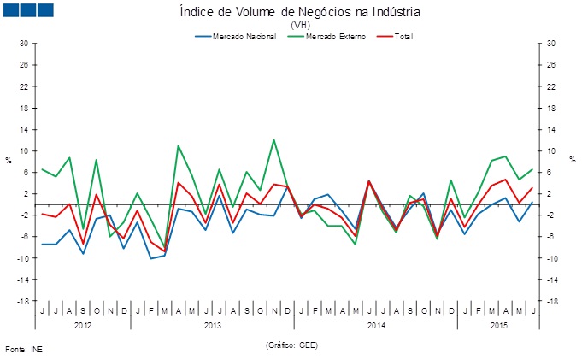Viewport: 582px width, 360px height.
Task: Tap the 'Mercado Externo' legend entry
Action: pyautogui.click(x=328, y=37)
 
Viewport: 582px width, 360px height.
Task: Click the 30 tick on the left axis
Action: pyautogui.click(x=24, y=44)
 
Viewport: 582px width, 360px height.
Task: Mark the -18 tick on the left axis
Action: pyautogui.click(x=23, y=301)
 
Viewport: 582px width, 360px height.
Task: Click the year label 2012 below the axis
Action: pyautogui.click(x=83, y=326)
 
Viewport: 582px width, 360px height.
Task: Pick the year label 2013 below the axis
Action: pyautogui.click(x=213, y=326)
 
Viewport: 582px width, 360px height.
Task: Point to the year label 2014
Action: pyautogui.click(x=376, y=326)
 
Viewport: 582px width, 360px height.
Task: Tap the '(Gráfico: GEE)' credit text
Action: pyautogui.click(x=291, y=344)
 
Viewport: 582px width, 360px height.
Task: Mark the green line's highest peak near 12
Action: pyautogui.click(x=273, y=139)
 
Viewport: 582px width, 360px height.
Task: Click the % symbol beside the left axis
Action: pyautogui.click(x=9, y=160)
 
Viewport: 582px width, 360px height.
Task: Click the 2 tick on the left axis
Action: pyautogui.click(x=26, y=194)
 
